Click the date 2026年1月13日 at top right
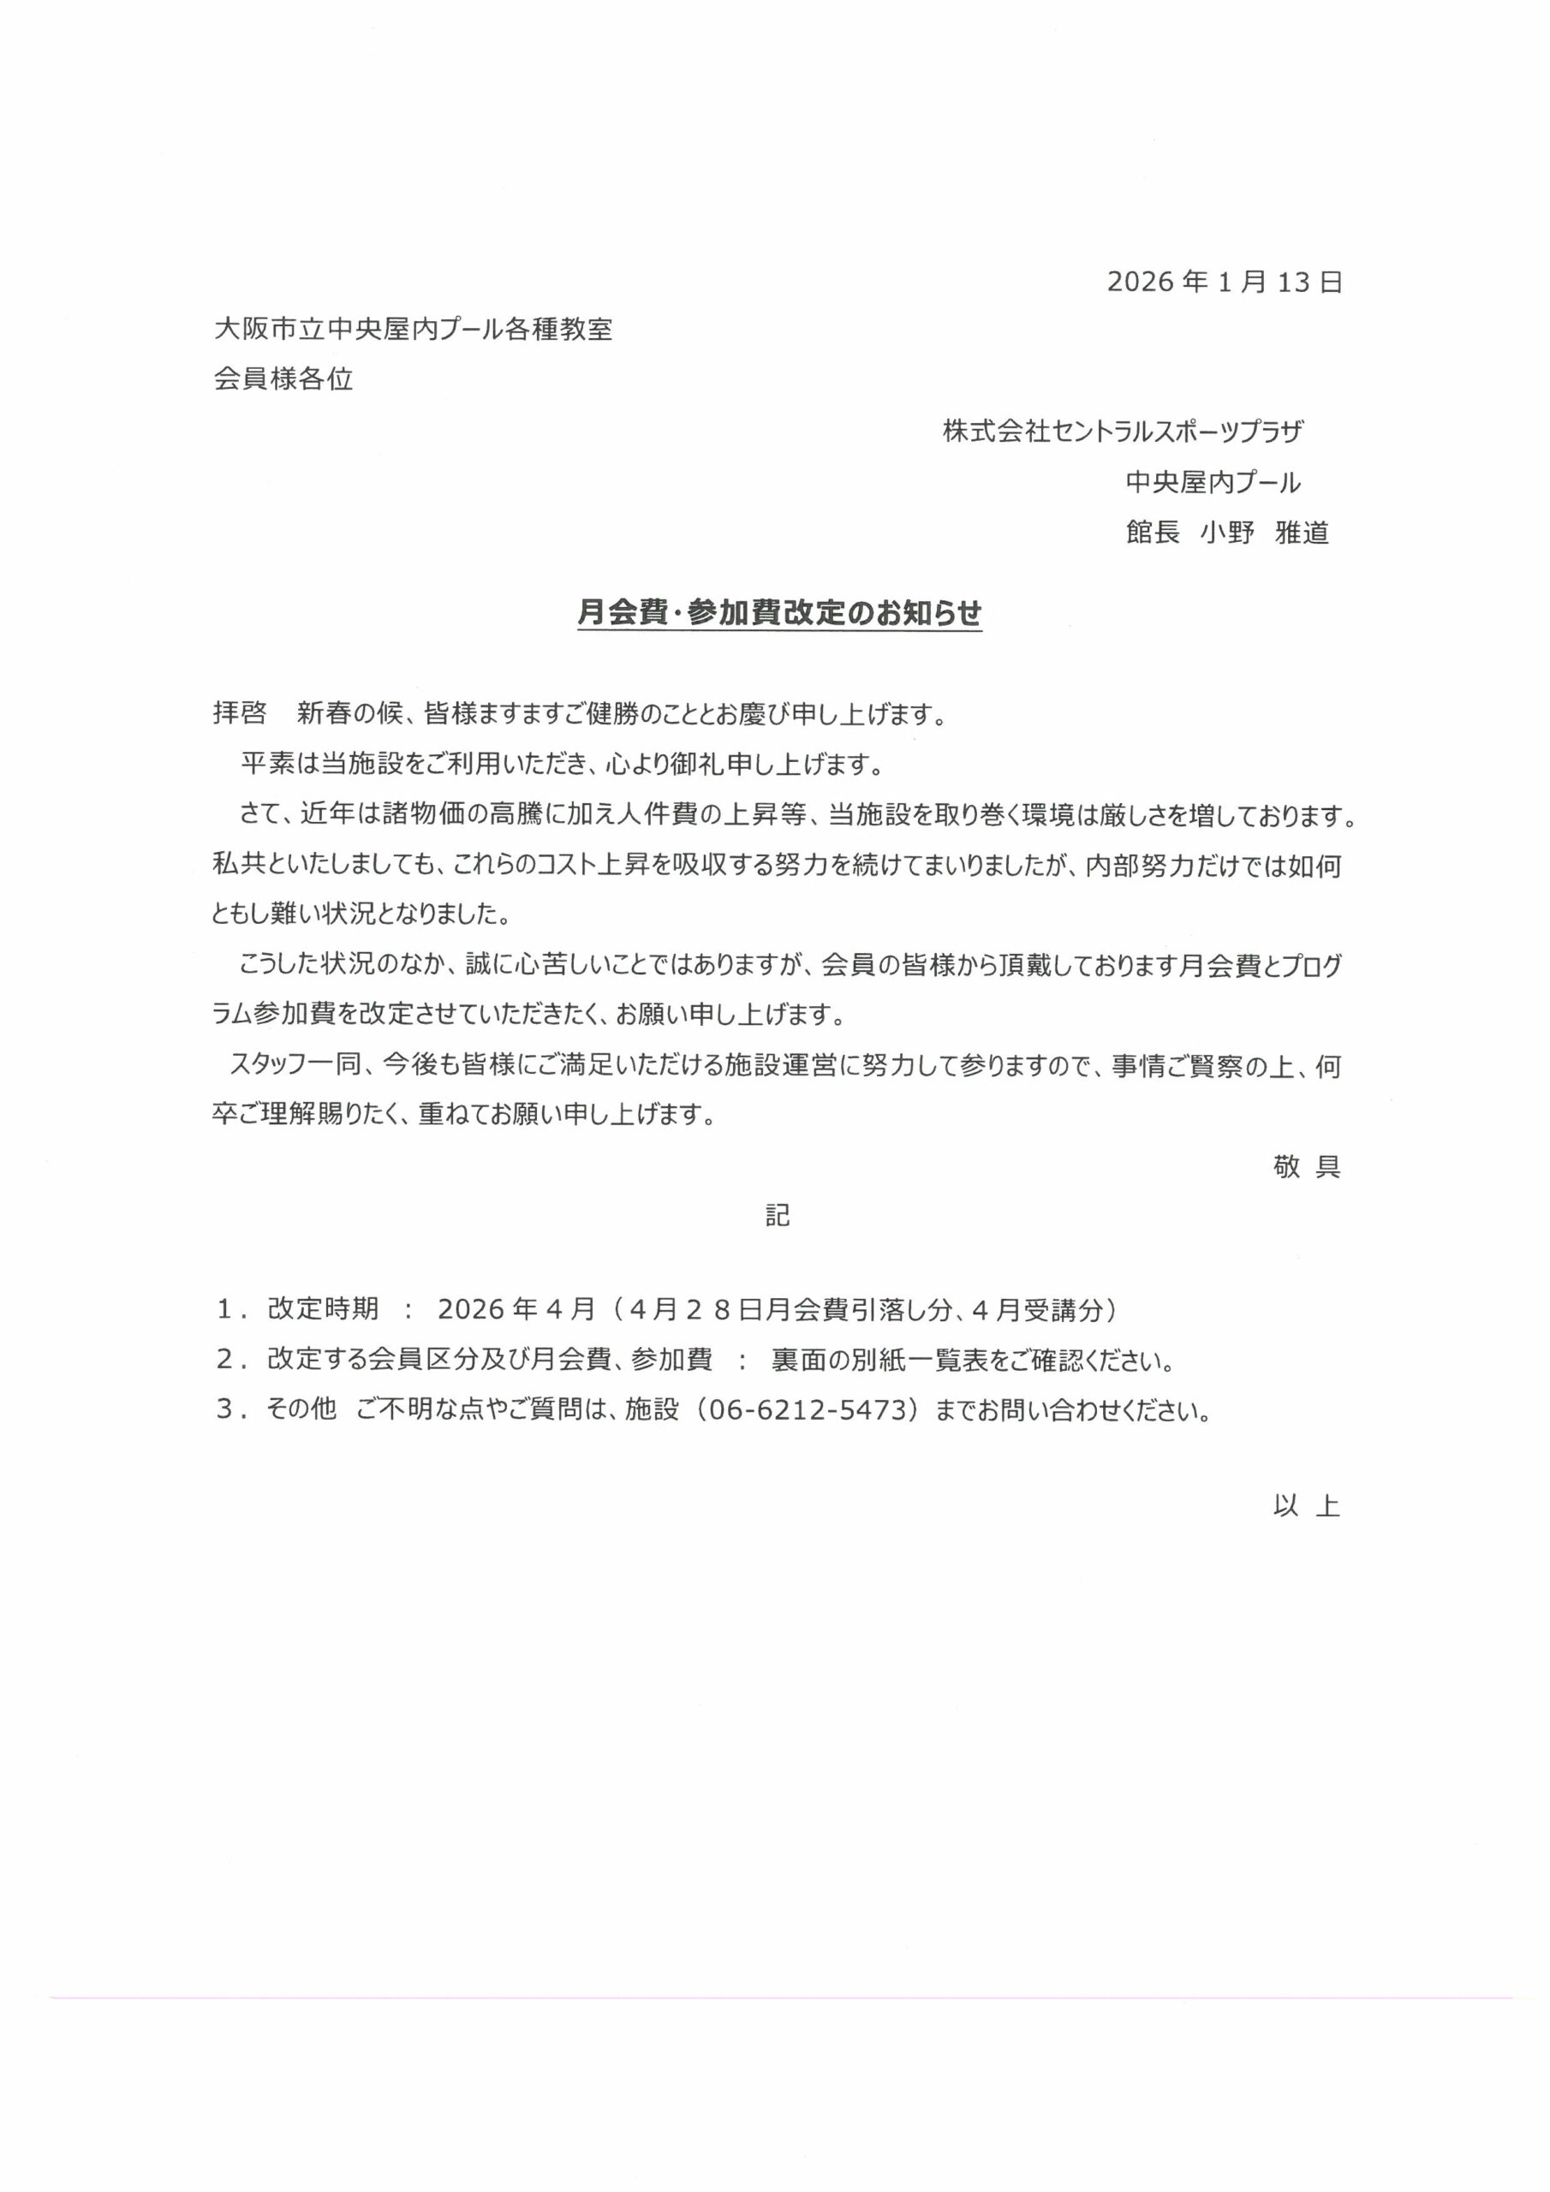click(1225, 283)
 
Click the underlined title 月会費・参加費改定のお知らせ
click(779, 614)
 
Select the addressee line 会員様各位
click(283, 380)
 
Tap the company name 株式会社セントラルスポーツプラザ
click(1123, 432)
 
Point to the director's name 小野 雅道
click(1265, 533)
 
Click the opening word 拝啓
click(240, 714)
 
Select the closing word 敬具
click(1307, 1167)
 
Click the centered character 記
click(778, 1215)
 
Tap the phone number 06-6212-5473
click(806, 1410)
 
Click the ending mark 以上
click(1307, 1506)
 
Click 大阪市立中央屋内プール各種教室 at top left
click(414, 331)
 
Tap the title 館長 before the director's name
click(1153, 533)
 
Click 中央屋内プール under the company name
click(1213, 483)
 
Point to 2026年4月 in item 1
click(516, 1309)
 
